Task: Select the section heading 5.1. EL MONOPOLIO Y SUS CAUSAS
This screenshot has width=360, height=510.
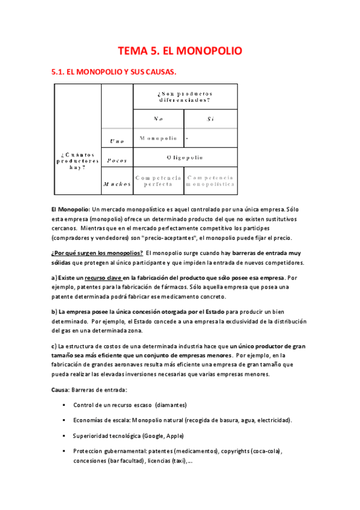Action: point(115,72)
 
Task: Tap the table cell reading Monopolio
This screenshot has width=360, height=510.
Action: point(158,138)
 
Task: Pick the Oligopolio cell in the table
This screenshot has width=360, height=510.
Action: point(185,158)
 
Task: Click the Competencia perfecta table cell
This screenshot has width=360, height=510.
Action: point(158,181)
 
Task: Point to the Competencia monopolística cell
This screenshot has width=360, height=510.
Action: point(210,181)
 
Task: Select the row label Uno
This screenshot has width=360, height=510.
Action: point(117,141)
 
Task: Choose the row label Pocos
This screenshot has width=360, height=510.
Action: point(117,161)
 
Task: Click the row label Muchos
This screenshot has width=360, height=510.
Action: point(117,184)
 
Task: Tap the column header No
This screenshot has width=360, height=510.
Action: point(158,118)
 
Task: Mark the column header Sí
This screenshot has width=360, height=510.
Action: point(210,118)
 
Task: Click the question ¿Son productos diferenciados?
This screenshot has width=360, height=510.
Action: point(185,97)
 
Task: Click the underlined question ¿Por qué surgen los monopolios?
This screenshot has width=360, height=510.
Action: point(97,253)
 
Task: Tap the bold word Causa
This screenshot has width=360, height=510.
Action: point(60,390)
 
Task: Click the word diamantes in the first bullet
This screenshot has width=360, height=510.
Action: point(170,405)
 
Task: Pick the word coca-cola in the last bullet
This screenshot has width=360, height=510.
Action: point(266,451)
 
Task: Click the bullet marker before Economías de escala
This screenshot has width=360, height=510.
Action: point(64,420)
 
